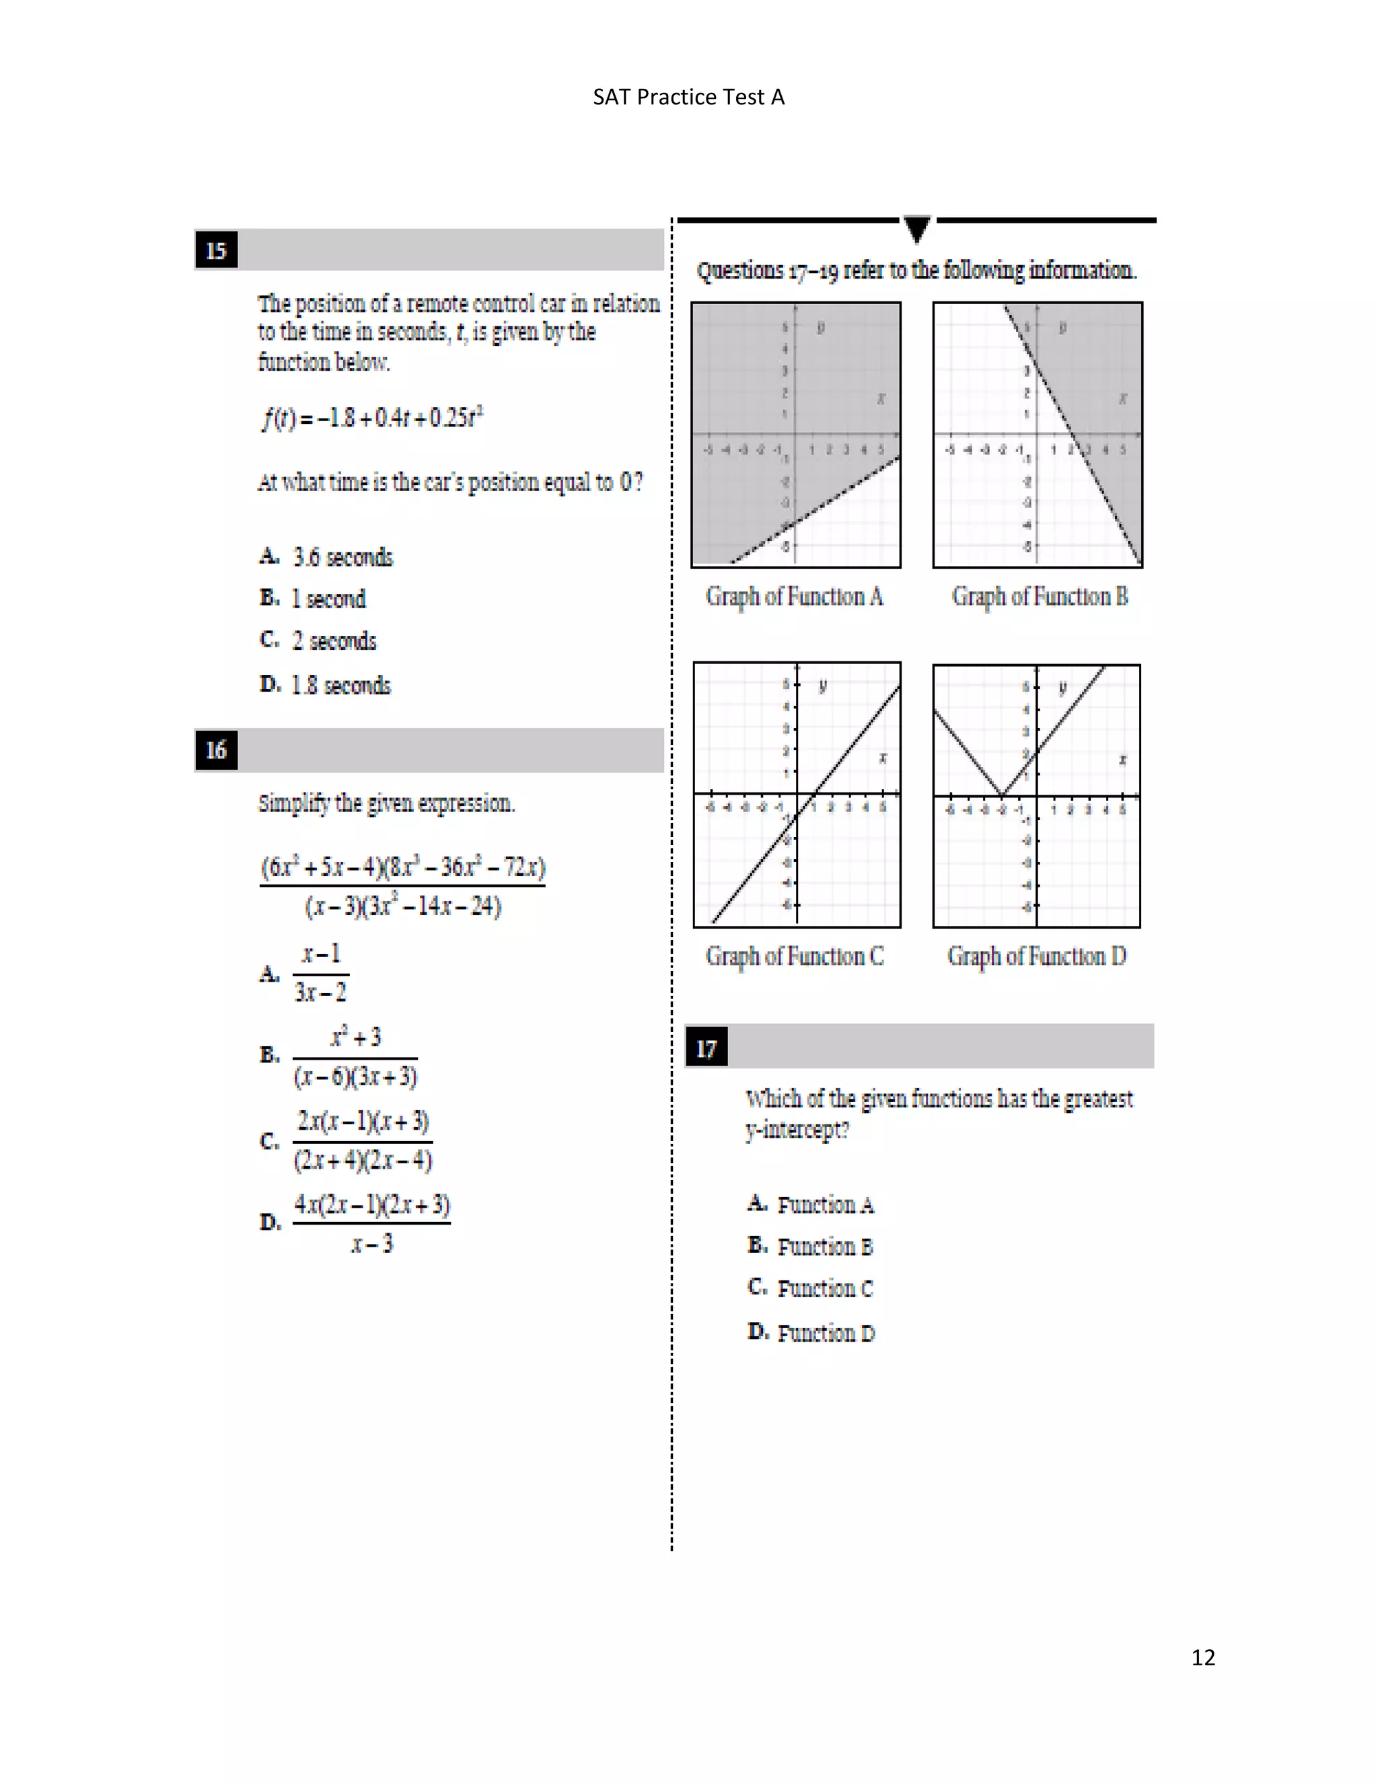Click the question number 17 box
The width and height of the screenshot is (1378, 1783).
click(x=706, y=1048)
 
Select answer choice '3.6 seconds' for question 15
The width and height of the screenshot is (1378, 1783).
click(x=343, y=557)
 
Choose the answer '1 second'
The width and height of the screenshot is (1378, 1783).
click(x=328, y=598)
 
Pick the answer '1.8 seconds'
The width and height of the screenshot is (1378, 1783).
click(x=340, y=685)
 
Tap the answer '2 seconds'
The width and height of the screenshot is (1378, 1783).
click(x=334, y=641)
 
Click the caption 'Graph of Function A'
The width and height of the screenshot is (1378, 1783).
click(x=795, y=597)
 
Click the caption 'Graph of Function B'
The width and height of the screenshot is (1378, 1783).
click(x=1039, y=597)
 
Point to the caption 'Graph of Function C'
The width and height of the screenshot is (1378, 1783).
click(x=795, y=956)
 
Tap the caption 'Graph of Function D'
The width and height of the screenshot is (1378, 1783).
click(x=1037, y=956)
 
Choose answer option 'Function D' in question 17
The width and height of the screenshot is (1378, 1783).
click(x=826, y=1333)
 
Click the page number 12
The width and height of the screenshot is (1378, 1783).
click(x=1202, y=1657)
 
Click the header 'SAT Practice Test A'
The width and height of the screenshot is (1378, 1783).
click(x=688, y=97)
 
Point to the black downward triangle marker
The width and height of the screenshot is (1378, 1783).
click(x=917, y=229)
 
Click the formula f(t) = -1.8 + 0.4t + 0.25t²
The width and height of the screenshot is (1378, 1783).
click(x=372, y=417)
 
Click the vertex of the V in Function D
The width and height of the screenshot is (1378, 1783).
click(x=1003, y=795)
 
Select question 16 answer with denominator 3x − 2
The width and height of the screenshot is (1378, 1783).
click(x=320, y=973)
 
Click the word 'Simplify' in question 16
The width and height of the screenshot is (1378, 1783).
click(x=294, y=803)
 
